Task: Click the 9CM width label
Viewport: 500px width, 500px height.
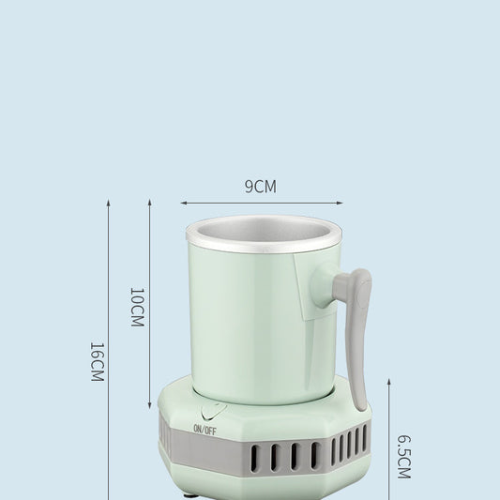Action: (261, 187)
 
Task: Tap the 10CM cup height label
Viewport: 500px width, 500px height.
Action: (137, 307)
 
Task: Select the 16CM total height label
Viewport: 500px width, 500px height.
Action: (96, 360)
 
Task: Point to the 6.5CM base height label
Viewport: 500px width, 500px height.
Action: (403, 456)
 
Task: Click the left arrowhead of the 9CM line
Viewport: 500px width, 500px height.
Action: (184, 202)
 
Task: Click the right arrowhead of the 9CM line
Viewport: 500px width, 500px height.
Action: (340, 202)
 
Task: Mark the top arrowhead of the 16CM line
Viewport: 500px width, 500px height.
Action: (108, 202)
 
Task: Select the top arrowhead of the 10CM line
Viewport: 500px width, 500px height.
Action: (150, 202)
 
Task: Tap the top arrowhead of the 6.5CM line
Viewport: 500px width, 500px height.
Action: (388, 383)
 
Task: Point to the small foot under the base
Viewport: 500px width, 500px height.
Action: (194, 494)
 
